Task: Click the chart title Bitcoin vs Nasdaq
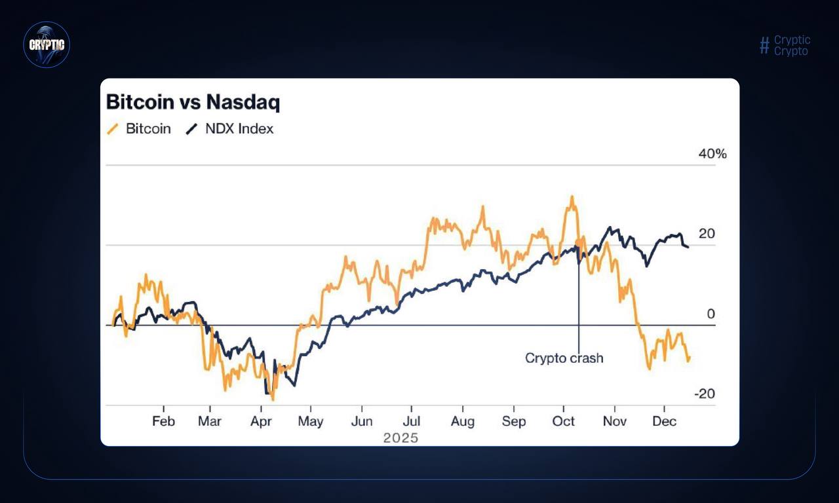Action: click(x=193, y=102)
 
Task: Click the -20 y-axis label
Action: click(x=705, y=394)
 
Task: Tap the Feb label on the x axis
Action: click(x=163, y=421)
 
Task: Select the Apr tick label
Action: click(x=261, y=421)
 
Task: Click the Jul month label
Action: click(x=412, y=421)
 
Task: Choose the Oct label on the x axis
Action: click(x=564, y=421)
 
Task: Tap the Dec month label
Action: click(x=665, y=421)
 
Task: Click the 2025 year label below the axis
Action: click(x=400, y=438)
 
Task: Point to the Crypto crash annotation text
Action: click(x=564, y=358)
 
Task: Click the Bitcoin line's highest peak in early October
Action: click(x=572, y=196)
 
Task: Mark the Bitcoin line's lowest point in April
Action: click(x=273, y=399)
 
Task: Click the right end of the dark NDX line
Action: click(x=688, y=247)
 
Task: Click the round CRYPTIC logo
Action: click(x=47, y=45)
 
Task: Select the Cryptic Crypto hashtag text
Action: click(x=785, y=45)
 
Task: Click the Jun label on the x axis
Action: click(x=362, y=421)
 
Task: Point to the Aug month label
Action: click(x=463, y=421)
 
